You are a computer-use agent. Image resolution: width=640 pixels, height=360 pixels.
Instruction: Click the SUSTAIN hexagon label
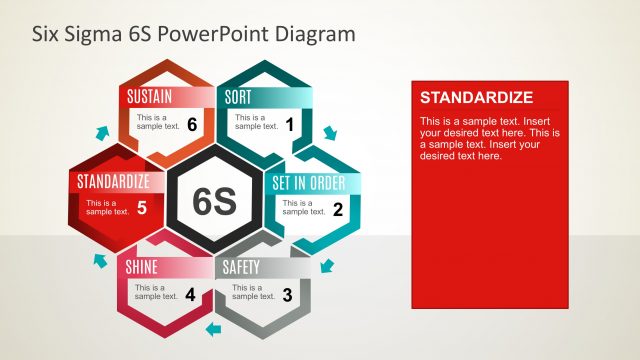[150, 97]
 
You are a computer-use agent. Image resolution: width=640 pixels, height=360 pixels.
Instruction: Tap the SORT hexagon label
[238, 97]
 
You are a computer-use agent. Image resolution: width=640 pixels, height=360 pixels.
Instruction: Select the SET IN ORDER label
[309, 183]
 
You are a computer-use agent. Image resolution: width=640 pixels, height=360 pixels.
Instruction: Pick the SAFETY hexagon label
[241, 267]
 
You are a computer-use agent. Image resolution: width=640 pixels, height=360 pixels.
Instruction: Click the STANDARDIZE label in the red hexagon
[114, 182]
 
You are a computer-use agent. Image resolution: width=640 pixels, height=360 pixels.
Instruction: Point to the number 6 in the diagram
[192, 124]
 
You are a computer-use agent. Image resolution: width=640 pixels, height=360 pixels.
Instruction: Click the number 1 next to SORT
[290, 124]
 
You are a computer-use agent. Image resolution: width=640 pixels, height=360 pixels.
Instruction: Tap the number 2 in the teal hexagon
[338, 210]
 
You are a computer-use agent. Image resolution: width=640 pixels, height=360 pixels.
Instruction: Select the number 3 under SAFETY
[288, 294]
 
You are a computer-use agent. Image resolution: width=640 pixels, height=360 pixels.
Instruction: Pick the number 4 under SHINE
[190, 294]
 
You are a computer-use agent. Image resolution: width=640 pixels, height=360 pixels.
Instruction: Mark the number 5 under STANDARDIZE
[142, 209]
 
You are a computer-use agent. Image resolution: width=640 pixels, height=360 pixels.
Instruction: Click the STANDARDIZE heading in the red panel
[476, 98]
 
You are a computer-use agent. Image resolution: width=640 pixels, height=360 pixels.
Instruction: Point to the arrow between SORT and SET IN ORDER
[331, 133]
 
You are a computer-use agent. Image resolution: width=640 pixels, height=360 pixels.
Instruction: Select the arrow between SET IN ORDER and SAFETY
[328, 265]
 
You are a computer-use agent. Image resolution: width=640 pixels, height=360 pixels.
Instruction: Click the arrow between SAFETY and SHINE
[212, 327]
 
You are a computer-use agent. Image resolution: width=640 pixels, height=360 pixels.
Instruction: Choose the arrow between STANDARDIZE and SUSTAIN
[100, 131]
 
